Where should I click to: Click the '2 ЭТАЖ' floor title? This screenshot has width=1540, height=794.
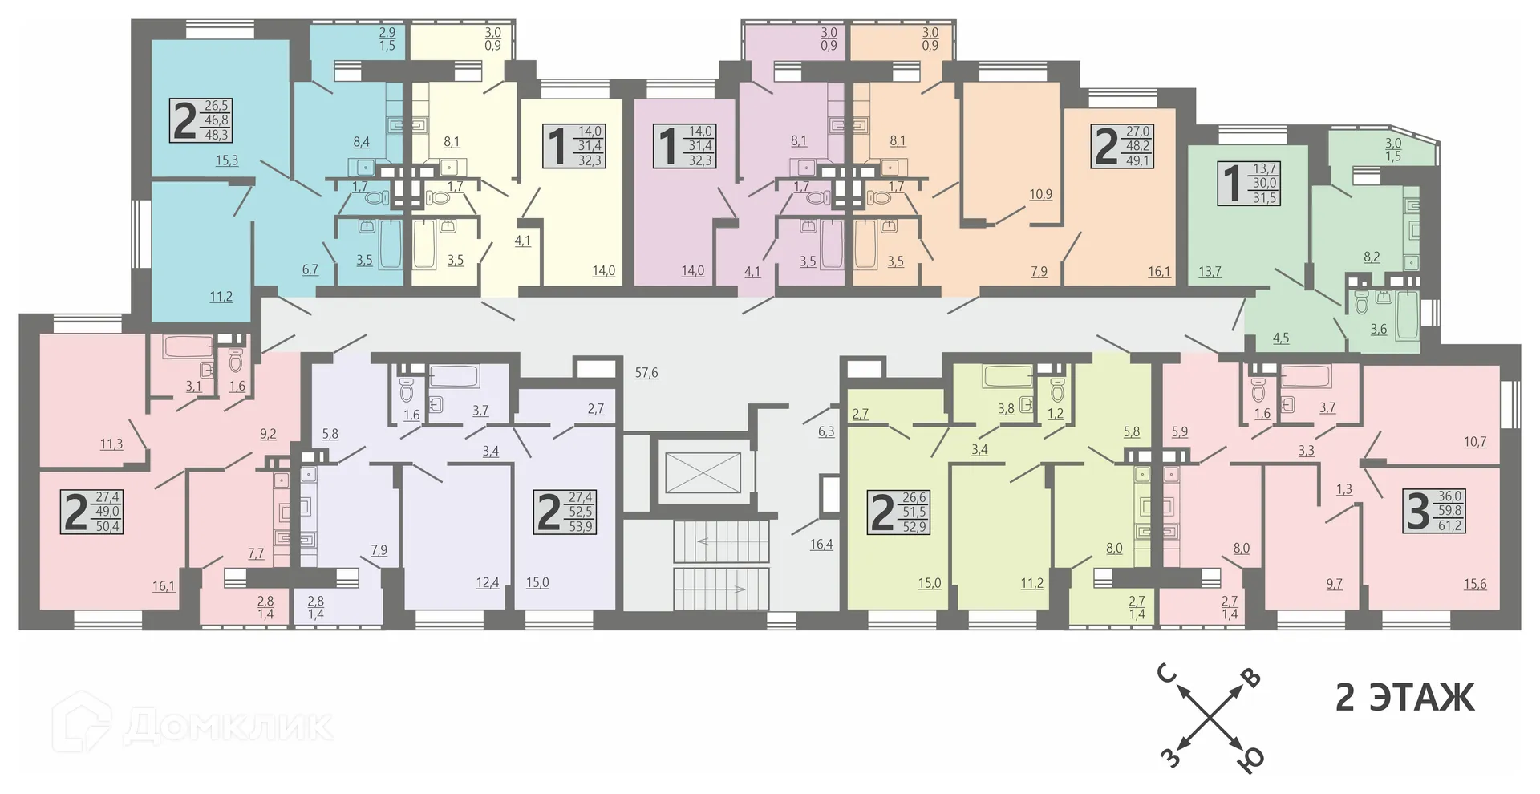[x=1404, y=697]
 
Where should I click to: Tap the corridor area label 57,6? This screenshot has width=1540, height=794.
[x=646, y=373]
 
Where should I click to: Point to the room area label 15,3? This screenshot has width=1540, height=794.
[x=227, y=160]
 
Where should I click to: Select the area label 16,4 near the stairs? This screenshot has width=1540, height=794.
[x=821, y=545]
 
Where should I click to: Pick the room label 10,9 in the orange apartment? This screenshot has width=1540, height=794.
[x=1040, y=194]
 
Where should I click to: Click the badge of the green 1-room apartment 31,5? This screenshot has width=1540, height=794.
[x=1249, y=183]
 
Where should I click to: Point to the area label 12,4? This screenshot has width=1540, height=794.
[x=487, y=583]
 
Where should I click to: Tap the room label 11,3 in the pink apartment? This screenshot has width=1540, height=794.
[x=111, y=444]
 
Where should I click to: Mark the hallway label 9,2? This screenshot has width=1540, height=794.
[x=268, y=434]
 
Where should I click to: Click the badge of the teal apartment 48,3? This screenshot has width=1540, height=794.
[x=201, y=120]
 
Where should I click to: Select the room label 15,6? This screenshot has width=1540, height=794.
[x=1474, y=585]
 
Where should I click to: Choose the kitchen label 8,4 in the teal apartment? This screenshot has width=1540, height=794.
[x=361, y=142]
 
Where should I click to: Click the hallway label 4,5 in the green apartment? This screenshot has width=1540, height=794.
[x=1281, y=338]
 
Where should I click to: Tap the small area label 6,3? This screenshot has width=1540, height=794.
[x=826, y=431]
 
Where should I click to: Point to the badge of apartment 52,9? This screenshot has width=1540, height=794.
[x=898, y=512]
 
